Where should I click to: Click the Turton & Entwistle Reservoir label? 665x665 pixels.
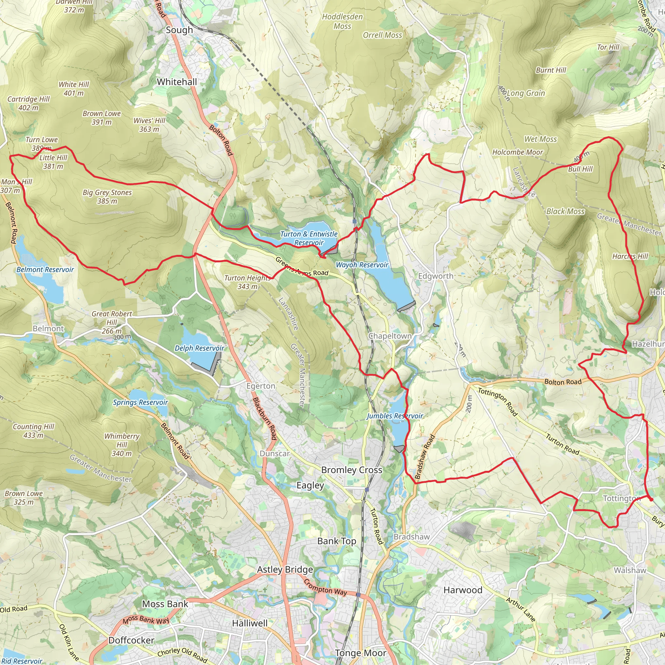pyautogui.click(x=309, y=238)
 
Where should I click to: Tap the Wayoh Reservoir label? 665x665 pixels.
pyautogui.click(x=362, y=265)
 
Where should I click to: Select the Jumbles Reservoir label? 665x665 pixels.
pyautogui.click(x=395, y=416)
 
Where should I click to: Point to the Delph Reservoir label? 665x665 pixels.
pyautogui.click(x=199, y=348)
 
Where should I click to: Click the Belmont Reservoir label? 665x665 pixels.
pyautogui.click(x=45, y=270)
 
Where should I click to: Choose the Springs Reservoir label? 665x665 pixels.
pyautogui.click(x=140, y=402)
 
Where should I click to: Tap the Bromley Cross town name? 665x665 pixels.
pyautogui.click(x=351, y=470)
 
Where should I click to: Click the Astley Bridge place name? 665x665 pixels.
pyautogui.click(x=285, y=569)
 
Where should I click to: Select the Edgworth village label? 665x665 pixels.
pyautogui.click(x=435, y=276)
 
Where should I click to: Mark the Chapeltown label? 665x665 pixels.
pyautogui.click(x=390, y=336)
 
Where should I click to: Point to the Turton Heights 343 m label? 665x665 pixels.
pyautogui.click(x=247, y=282)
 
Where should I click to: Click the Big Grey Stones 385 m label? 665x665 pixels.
pyautogui.click(x=107, y=196)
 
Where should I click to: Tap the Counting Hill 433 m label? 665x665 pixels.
pyautogui.click(x=33, y=431)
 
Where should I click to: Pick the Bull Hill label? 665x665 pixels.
pyautogui.click(x=580, y=169)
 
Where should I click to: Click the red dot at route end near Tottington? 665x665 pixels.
pyautogui.click(x=651, y=499)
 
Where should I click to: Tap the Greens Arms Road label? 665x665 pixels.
pyautogui.click(x=302, y=268)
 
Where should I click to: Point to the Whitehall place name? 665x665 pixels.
pyautogui.click(x=177, y=82)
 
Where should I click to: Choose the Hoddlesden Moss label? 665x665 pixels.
pyautogui.click(x=342, y=21)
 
